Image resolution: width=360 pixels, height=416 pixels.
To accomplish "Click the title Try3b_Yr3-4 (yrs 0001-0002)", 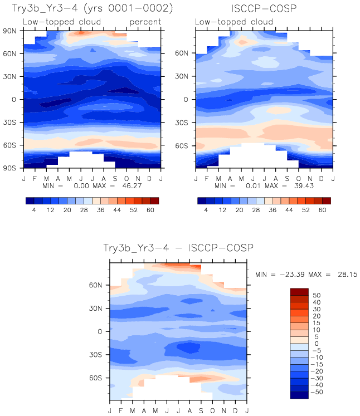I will click(x=92, y=9).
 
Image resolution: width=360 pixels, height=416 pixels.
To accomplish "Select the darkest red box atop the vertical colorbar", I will click(x=299, y=291).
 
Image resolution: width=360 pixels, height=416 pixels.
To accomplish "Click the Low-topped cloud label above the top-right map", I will click(x=234, y=22).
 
